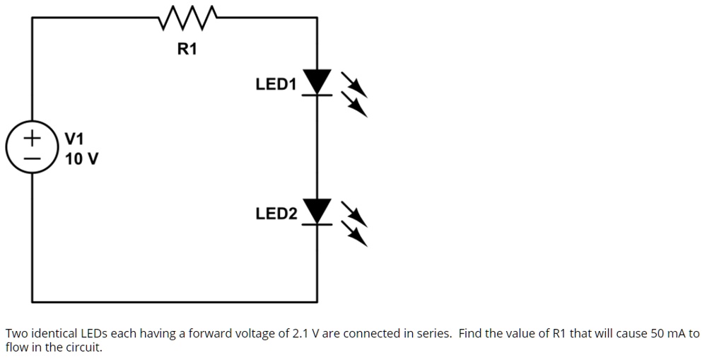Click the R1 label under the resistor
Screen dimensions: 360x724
click(187, 49)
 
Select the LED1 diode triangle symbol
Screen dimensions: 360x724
click(316, 81)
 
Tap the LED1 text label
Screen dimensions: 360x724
click(276, 85)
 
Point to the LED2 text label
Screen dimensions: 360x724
click(276, 214)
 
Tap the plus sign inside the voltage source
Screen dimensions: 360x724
click(32, 137)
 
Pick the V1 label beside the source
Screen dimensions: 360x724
click(74, 138)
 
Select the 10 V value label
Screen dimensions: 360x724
click(81, 158)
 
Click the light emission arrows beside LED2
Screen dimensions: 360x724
click(356, 223)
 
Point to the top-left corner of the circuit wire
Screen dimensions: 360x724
click(33, 16)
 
